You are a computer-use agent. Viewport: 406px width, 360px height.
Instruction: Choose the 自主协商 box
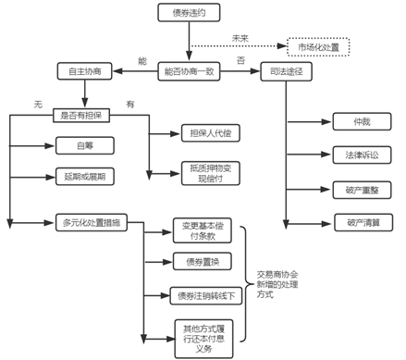point(84,71)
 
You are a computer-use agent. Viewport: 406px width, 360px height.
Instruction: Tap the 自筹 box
point(84,145)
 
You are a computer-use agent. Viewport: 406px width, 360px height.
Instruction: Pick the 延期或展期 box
point(84,176)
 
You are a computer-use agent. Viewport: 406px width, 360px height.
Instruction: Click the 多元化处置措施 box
point(90,223)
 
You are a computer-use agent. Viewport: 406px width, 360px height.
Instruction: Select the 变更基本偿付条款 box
point(202,231)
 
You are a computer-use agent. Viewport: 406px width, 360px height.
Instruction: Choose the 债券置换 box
point(202,262)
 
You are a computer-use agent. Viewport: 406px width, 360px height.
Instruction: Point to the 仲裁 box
point(363,122)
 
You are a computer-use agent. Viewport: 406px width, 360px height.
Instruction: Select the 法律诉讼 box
point(363,155)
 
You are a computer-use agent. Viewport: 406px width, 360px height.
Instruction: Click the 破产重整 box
point(363,190)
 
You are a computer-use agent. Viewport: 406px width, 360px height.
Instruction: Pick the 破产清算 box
point(363,223)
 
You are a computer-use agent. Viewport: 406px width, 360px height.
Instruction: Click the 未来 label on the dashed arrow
point(240,38)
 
